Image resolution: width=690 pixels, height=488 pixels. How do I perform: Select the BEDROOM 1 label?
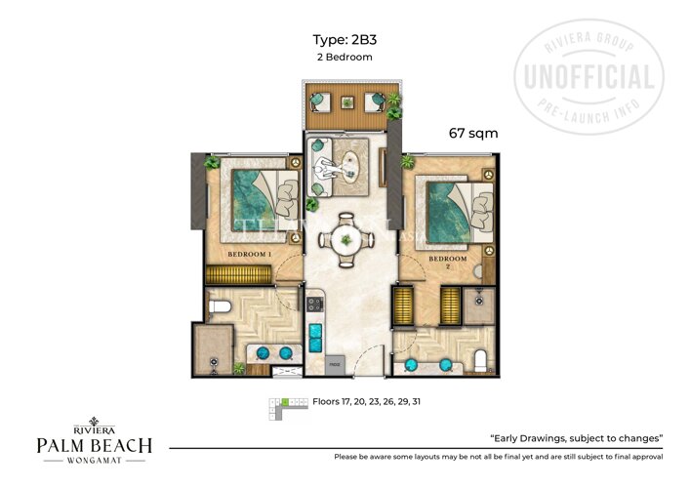click(251, 254)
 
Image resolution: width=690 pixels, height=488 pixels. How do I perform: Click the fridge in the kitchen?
click(336, 360)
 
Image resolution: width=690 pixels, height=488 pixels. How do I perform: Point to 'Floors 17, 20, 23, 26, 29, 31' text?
click(366, 401)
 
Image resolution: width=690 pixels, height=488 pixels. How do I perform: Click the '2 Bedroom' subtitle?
click(345, 58)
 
